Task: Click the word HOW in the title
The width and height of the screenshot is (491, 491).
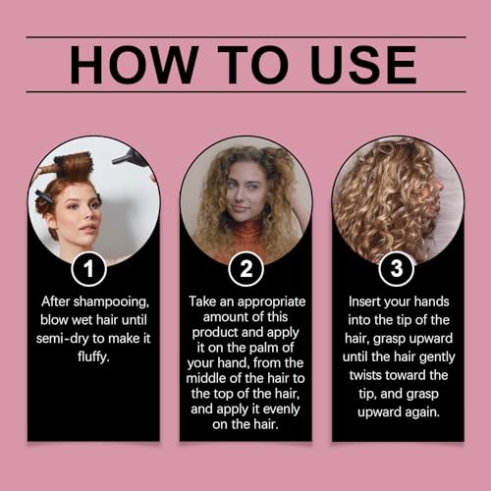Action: [x=135, y=65]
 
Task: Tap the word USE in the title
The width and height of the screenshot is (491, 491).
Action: [x=363, y=65]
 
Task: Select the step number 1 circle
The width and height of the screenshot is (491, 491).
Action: [x=88, y=269]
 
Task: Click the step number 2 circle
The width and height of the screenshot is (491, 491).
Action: [x=245, y=269]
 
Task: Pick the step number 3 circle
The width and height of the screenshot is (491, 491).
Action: [x=397, y=269]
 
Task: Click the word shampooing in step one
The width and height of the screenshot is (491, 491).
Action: [x=111, y=301]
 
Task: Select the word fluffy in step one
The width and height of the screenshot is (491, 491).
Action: [x=93, y=356]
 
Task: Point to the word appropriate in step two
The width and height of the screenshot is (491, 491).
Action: [x=271, y=302]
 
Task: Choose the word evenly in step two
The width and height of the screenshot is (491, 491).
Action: [x=282, y=409]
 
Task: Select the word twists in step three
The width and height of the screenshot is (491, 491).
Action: [x=366, y=375]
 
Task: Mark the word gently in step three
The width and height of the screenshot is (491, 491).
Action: [x=437, y=357]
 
